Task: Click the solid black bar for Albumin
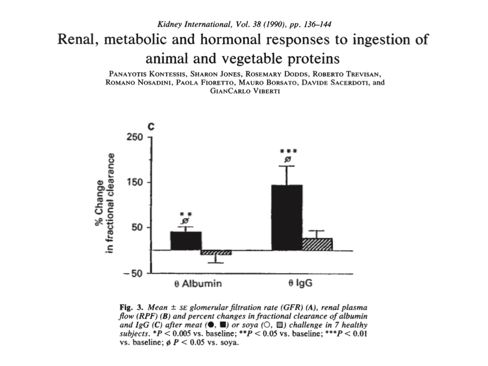tap(186, 241)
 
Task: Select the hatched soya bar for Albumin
tap(216, 253)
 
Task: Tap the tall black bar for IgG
tap(286, 217)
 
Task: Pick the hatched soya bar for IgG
tap(317, 244)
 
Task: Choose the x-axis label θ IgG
tap(300, 284)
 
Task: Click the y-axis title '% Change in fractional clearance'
tap(106, 203)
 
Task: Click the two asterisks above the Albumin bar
tap(185, 214)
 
